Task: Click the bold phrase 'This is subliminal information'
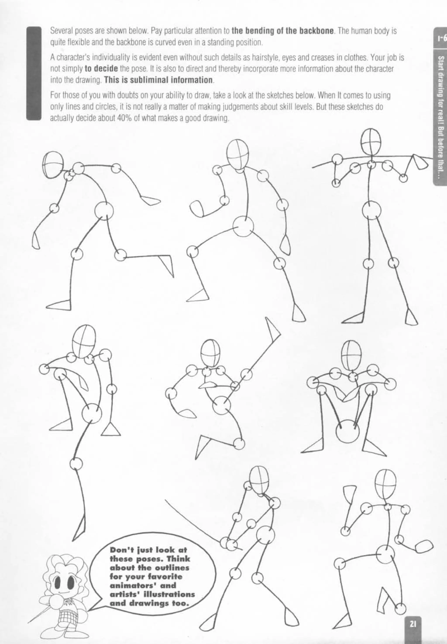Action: click(x=158, y=80)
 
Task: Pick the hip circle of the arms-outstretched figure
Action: click(x=371, y=210)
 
